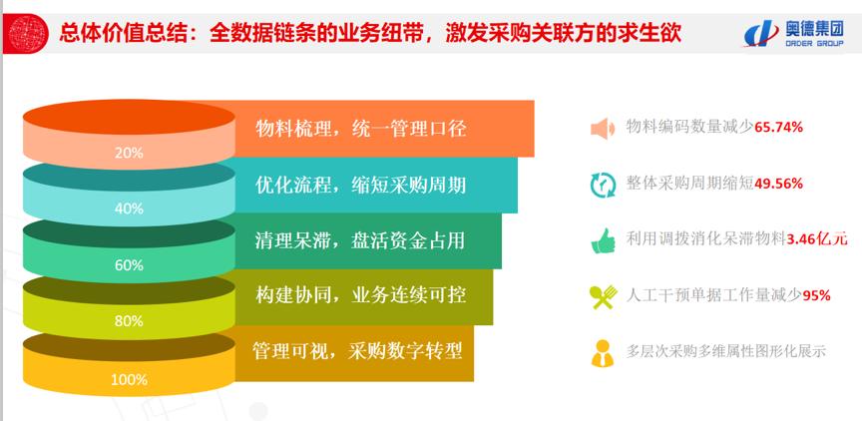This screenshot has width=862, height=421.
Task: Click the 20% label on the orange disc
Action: (129, 154)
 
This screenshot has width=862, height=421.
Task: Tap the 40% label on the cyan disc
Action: (129, 209)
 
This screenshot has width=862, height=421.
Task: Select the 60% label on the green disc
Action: (129, 265)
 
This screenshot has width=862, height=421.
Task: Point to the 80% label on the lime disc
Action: (129, 321)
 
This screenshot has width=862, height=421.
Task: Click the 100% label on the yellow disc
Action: (129, 379)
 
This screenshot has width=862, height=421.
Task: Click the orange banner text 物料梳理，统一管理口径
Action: (361, 129)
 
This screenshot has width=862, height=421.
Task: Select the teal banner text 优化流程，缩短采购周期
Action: (361, 185)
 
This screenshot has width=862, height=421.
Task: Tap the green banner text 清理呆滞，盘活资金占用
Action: (360, 240)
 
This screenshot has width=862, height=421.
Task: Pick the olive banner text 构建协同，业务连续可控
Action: (361, 295)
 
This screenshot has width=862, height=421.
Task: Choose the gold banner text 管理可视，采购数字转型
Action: (357, 351)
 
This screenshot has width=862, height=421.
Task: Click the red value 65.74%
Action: (779, 127)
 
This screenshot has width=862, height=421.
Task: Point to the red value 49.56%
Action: (779, 184)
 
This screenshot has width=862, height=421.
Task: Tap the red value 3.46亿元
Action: (817, 239)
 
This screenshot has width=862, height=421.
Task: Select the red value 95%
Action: (817, 295)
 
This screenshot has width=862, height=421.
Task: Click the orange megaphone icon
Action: (603, 129)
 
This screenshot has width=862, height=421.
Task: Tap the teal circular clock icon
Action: (603, 185)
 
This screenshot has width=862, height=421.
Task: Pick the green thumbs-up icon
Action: (603, 240)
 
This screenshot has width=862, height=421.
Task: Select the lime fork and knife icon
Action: (603, 297)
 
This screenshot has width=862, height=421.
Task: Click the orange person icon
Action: (603, 353)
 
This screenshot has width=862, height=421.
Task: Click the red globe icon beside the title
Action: (29, 33)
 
